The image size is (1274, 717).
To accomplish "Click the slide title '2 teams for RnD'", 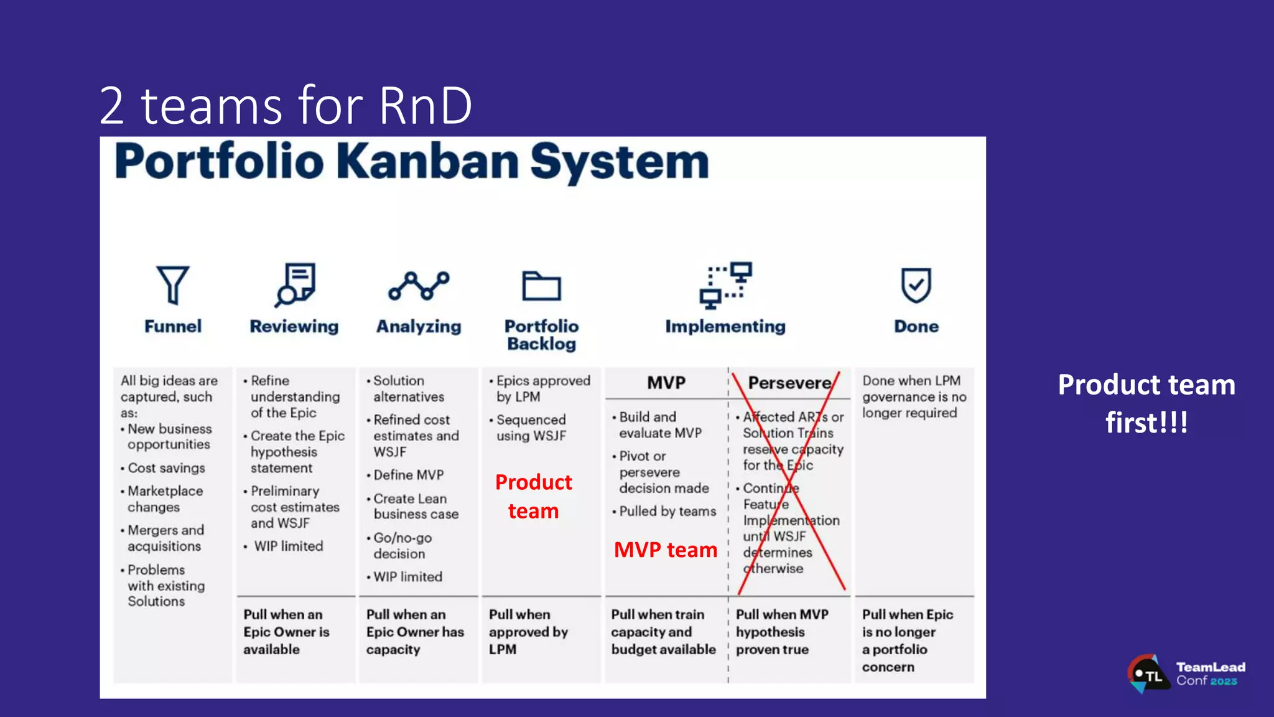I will click(x=286, y=105).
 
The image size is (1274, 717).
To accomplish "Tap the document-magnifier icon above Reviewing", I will click(x=295, y=284).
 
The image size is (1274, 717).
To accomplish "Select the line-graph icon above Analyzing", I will click(x=419, y=286).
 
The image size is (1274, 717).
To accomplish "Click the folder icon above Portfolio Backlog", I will click(x=541, y=286).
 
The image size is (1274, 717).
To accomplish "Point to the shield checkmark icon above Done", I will click(x=916, y=285).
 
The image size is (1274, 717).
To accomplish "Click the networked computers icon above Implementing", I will click(x=725, y=285).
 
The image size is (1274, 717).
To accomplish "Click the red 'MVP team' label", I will click(x=665, y=550).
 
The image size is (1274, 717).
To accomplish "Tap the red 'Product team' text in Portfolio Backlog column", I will click(x=534, y=496).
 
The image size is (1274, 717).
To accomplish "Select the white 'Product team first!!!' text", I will click(x=1146, y=403).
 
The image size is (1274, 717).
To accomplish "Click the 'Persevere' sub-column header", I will click(x=789, y=383).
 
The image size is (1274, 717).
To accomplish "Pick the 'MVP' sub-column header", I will click(x=666, y=383).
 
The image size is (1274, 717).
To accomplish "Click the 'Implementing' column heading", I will click(x=725, y=326).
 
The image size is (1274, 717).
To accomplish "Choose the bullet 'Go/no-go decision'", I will click(x=402, y=546).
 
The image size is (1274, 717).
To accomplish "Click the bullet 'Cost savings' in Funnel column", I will click(x=166, y=468).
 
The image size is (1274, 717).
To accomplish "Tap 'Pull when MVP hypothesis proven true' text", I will click(x=782, y=632).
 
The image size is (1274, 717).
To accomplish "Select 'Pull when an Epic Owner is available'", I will click(x=286, y=632).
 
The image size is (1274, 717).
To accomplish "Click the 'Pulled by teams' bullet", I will click(x=667, y=512).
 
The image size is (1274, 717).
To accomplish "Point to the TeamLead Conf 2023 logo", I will click(x=1186, y=674).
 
